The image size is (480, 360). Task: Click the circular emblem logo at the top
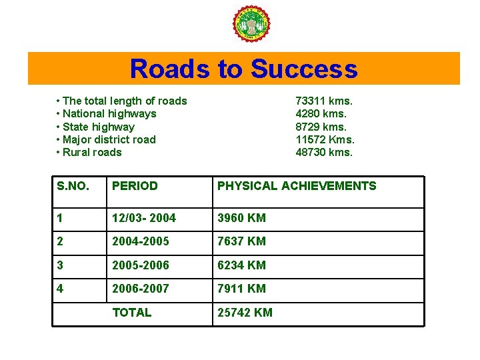click(251, 25)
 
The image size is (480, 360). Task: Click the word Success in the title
click(304, 69)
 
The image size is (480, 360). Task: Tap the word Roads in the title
click(169, 69)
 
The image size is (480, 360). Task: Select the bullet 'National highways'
click(109, 114)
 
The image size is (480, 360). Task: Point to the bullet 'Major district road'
click(109, 139)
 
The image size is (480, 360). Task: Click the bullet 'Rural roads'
click(92, 152)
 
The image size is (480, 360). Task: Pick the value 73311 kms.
click(324, 101)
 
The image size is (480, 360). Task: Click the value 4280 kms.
click(321, 114)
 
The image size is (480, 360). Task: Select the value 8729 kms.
click(321, 127)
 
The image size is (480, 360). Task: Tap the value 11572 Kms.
click(325, 139)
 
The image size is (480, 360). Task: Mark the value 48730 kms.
click(324, 152)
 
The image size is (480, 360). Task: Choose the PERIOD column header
click(135, 187)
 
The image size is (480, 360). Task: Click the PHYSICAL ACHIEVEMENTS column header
click(297, 187)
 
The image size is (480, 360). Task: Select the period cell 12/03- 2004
click(144, 218)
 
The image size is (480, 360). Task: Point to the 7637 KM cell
click(241, 241)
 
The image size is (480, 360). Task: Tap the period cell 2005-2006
click(141, 265)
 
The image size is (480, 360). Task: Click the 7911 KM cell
click(241, 289)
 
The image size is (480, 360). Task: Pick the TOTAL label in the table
click(132, 313)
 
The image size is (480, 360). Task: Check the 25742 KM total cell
click(245, 313)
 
